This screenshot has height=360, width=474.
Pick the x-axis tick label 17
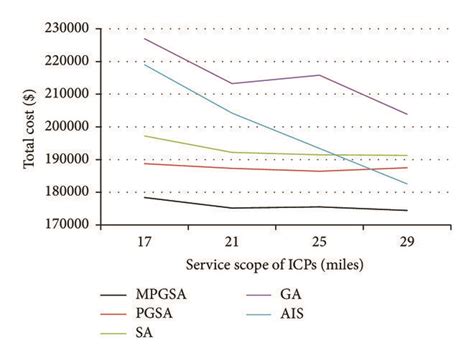(x=146, y=244)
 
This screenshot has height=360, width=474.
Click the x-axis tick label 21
(x=233, y=244)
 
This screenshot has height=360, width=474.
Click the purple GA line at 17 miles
(x=146, y=39)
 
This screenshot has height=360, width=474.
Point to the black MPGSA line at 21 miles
(x=233, y=208)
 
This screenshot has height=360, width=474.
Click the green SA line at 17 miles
(x=146, y=135)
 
